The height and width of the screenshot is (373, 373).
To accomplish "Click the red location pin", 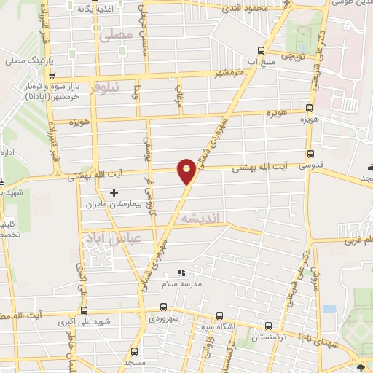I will click(187, 170).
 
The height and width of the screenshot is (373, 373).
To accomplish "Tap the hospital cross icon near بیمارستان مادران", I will click(113, 192).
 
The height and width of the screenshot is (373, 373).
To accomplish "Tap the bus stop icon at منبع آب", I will click(262, 50).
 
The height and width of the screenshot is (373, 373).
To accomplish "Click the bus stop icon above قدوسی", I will click(311, 154).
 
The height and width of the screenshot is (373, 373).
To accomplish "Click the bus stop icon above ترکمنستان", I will click(269, 326).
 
